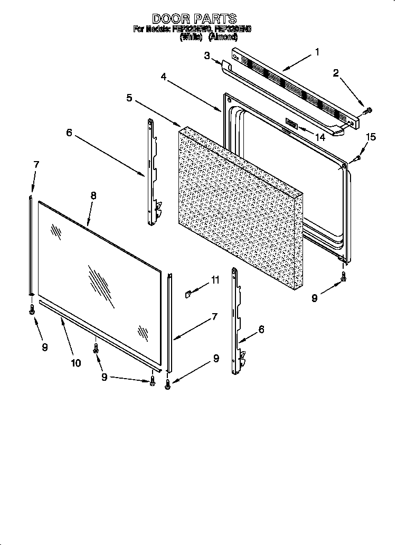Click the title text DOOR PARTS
pyautogui.click(x=194, y=19)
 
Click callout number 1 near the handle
pyautogui.click(x=317, y=52)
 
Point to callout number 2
pyautogui.click(x=336, y=73)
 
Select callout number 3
pyautogui.click(x=207, y=55)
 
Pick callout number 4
pyautogui.click(x=164, y=76)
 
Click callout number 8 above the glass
pyautogui.click(x=93, y=195)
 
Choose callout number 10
pyautogui.click(x=75, y=362)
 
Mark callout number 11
pyautogui.click(x=215, y=280)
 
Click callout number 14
pyautogui.click(x=319, y=137)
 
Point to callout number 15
pyautogui.click(x=371, y=137)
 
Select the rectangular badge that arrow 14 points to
pyautogui.click(x=291, y=124)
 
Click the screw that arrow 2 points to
pyautogui.click(x=367, y=110)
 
